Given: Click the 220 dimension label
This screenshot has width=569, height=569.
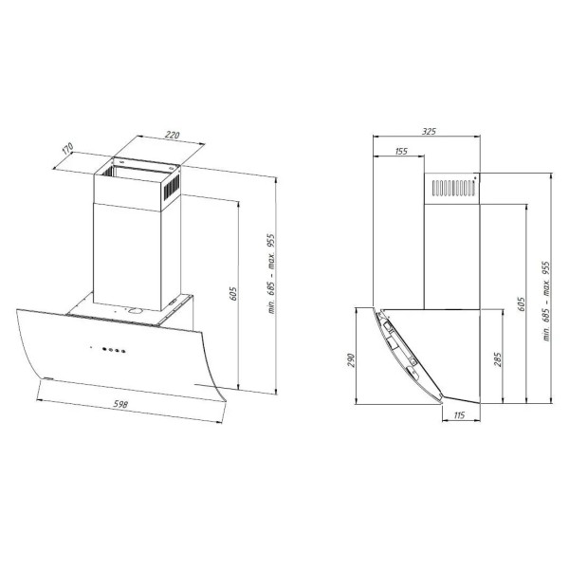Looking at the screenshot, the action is coord(172,135).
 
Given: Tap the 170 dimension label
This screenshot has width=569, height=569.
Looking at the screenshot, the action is coord(67,149).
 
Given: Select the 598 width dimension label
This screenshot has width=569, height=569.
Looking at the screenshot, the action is coord(120,404).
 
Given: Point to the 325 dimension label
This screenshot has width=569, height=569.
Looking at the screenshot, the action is coord(429,131).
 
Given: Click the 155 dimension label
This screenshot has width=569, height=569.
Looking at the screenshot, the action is coord(400,151).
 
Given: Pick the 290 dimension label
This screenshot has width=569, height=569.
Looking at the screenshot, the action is coord(351,360).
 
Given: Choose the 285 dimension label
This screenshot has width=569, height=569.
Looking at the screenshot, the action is coord(498,359).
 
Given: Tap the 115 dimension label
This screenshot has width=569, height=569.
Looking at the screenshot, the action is coord(459,414).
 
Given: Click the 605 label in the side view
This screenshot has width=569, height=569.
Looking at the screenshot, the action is coord(522,304).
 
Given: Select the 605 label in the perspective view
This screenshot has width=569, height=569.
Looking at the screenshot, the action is coord(233,293).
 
